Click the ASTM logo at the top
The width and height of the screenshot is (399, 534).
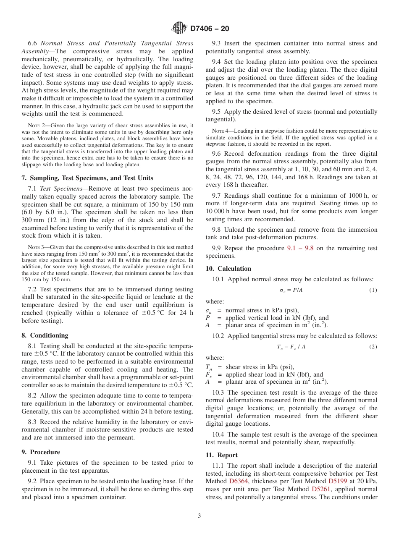tap(180, 28)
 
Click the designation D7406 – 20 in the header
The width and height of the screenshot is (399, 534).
tap(210, 29)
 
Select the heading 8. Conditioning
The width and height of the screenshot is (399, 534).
tap(45, 335)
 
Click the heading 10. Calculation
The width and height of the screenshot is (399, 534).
tap(228, 269)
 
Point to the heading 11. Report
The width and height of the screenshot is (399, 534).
tap(221, 455)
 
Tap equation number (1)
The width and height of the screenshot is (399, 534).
tap(373, 290)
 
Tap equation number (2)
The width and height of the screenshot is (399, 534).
tap(373, 346)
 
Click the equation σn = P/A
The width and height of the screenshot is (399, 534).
tap(291, 290)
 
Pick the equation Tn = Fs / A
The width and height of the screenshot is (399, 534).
tap(291, 346)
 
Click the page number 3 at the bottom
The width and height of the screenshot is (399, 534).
tap(199, 516)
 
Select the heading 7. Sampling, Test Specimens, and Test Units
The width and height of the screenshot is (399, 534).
tap(87, 178)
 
